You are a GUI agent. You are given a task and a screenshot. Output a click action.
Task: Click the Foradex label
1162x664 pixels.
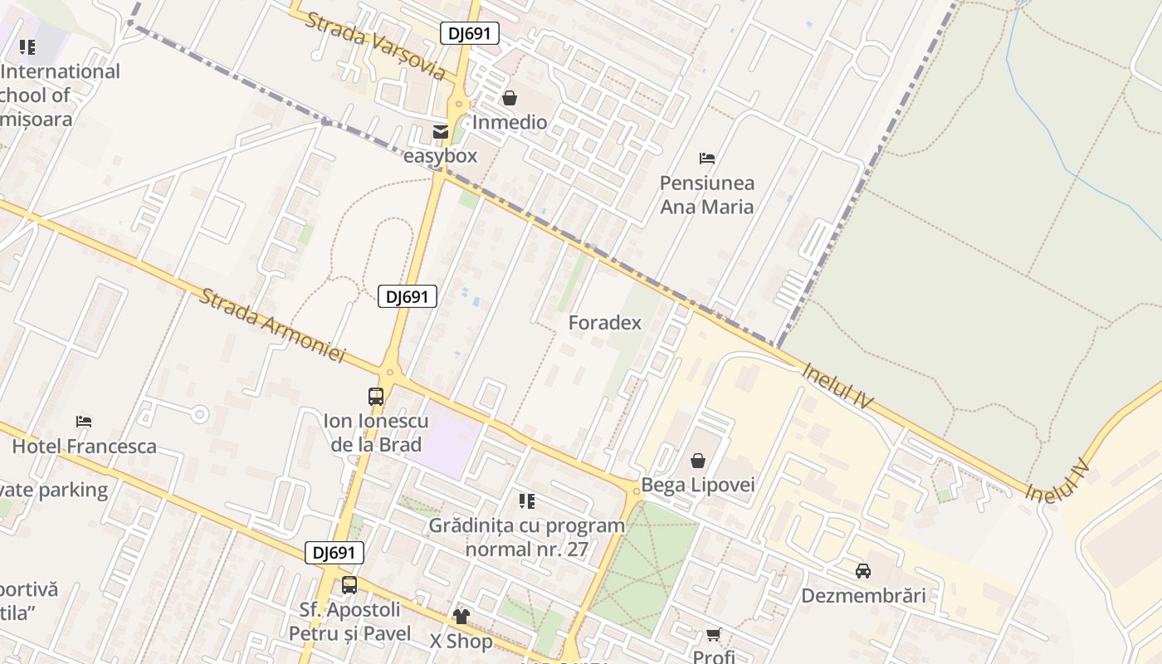604,323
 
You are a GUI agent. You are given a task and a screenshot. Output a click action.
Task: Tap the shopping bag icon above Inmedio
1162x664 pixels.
510,98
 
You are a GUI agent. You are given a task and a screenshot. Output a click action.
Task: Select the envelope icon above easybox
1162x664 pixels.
440,131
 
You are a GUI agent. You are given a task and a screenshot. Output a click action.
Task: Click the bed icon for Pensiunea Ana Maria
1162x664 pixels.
707,158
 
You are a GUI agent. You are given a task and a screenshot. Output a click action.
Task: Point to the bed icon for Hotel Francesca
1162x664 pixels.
84,422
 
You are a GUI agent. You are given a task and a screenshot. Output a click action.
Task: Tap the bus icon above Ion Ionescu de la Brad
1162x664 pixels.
376,397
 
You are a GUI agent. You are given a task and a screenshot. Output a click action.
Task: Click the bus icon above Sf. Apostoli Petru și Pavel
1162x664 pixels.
349,585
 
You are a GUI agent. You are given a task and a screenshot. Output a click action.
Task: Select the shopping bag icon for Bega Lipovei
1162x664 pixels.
698,460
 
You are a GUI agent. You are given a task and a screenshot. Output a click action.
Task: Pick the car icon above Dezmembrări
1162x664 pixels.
863,571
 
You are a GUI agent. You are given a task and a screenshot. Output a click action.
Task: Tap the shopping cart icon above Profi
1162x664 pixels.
713,635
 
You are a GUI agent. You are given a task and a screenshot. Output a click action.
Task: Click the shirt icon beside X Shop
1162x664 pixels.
461,617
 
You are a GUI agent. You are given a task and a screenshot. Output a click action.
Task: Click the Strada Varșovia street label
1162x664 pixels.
374,46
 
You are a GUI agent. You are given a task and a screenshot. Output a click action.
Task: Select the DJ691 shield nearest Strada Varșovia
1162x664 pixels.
469,33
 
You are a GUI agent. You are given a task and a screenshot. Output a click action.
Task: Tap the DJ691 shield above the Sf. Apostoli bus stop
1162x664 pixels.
334,553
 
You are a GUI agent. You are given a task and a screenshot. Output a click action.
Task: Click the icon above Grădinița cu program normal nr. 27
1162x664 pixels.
526,500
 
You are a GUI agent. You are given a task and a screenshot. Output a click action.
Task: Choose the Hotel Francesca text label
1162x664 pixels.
84,447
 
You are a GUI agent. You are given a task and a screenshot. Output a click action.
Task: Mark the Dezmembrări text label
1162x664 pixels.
863,596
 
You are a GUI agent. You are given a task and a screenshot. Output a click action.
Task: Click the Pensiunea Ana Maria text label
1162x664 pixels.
707,194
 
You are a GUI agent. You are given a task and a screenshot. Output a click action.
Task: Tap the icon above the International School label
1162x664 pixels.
27,47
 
